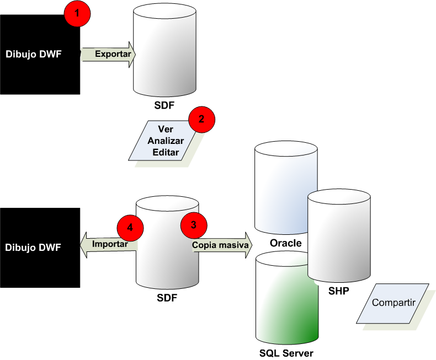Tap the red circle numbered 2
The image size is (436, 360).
tap(201, 119)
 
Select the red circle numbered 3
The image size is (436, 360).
tap(194, 224)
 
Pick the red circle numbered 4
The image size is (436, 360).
tap(130, 227)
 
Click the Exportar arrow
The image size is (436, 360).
tap(109, 55)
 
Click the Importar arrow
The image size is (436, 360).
tap(108, 244)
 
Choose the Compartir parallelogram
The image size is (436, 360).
tap(392, 303)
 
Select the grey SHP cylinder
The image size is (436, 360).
tap(338, 234)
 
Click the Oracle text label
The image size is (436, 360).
tap(285, 243)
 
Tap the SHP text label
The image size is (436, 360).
tap(338, 291)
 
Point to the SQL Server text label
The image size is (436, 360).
tap(286, 353)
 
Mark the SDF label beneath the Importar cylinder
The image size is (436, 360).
tap(167, 298)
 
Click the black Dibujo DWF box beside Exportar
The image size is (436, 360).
tap(40, 54)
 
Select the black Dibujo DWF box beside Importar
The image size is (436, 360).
tap(40, 247)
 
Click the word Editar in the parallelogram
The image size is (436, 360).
tap(166, 153)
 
